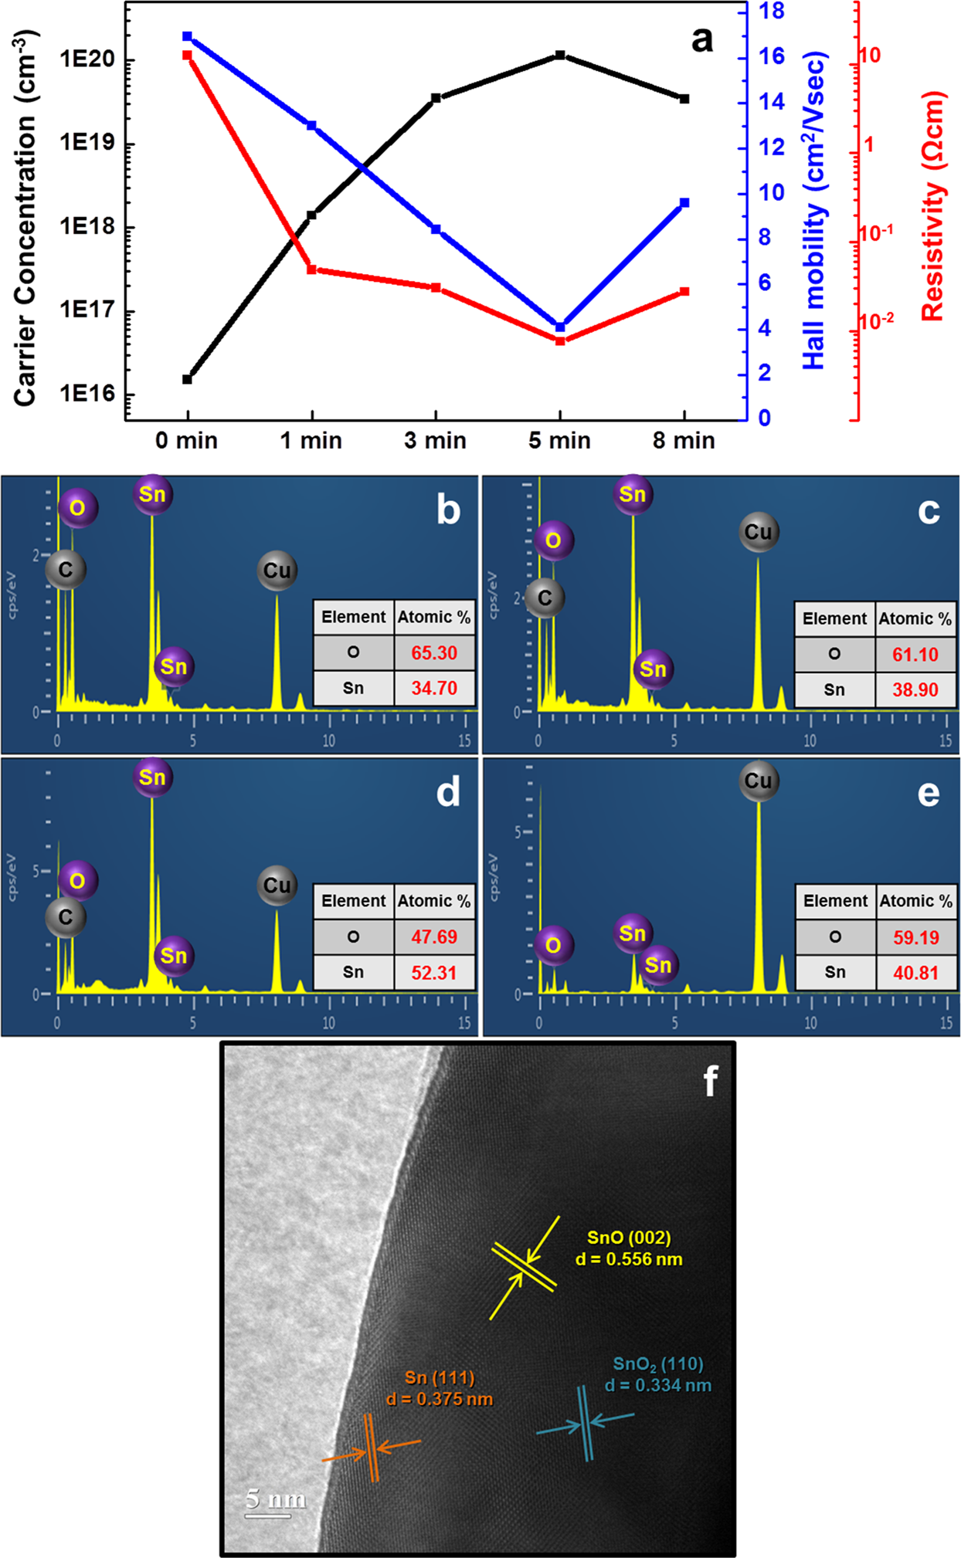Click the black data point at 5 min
click(x=560, y=56)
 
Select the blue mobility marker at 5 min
click(x=560, y=327)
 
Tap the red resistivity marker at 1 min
click(x=311, y=269)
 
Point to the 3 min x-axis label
click(x=435, y=441)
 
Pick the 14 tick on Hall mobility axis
click(x=771, y=102)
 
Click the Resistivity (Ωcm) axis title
click(x=933, y=207)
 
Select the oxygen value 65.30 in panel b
click(x=433, y=653)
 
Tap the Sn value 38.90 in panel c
click(x=915, y=689)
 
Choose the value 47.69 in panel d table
click(x=433, y=936)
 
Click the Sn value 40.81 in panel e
click(x=915, y=973)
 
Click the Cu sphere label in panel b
click(x=277, y=571)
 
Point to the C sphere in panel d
click(x=66, y=917)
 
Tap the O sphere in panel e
click(x=553, y=945)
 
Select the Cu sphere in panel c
click(x=758, y=532)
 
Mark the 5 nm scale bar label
click(x=275, y=1499)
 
